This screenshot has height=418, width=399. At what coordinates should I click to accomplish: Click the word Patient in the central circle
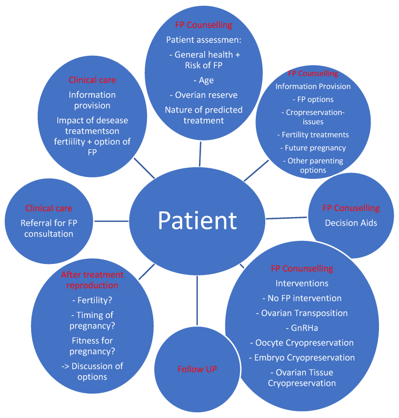[197, 221]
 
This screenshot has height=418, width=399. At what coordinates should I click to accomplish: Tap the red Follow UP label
[197, 369]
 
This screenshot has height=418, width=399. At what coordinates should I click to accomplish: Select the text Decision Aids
[351, 223]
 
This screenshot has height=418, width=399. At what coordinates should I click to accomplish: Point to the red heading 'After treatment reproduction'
[92, 280]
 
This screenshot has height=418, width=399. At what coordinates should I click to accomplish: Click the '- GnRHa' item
[302, 328]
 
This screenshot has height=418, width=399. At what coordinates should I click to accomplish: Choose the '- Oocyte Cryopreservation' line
[302, 343]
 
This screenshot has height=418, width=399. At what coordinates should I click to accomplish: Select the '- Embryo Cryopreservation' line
[302, 358]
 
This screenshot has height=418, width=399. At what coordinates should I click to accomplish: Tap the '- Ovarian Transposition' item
[302, 313]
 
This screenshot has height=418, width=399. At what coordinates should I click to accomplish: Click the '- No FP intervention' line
[302, 298]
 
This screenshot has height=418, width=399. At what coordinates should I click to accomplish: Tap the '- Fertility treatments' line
[313, 135]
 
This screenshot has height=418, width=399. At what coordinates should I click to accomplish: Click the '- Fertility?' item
[92, 300]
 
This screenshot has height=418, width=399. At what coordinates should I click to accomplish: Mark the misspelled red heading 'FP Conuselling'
[351, 208]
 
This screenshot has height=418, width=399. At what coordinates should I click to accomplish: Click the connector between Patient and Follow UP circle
[197, 300]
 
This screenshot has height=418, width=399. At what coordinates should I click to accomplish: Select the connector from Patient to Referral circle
[112, 221]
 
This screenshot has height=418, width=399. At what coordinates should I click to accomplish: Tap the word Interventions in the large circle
[302, 283]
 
